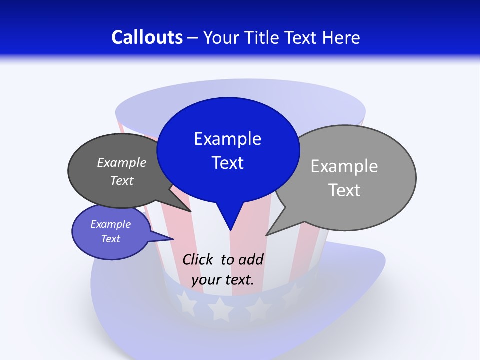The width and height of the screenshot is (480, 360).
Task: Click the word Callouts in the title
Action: coord(147,37)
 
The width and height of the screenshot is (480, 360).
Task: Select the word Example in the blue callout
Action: coord(227,138)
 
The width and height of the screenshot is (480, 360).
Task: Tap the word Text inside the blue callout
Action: coord(227,162)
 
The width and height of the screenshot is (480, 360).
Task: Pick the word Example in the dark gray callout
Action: coord(122,162)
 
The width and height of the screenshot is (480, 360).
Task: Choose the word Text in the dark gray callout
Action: coord(122,180)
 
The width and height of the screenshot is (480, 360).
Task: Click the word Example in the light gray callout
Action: coord(344,166)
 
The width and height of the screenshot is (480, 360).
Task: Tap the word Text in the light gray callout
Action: coord(344,190)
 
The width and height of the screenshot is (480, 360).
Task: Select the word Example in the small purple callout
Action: coord(110,224)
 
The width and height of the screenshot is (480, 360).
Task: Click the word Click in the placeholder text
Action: coord(199,259)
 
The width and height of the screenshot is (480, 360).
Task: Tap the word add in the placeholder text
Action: coord(251,259)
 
